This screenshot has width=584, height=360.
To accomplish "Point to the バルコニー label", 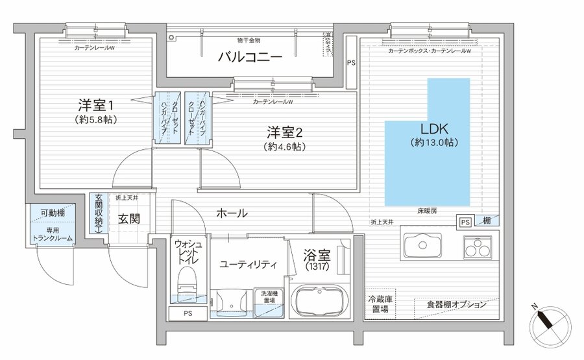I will tap(250, 58).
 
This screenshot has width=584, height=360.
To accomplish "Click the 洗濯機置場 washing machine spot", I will tap(268, 296).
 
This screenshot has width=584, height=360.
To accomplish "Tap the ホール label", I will tap(231, 213).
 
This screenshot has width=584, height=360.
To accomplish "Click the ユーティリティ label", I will tap(249, 265).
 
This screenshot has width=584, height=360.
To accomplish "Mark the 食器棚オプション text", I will tap(456, 304).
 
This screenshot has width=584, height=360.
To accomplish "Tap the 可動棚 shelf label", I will tap(52, 213).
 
